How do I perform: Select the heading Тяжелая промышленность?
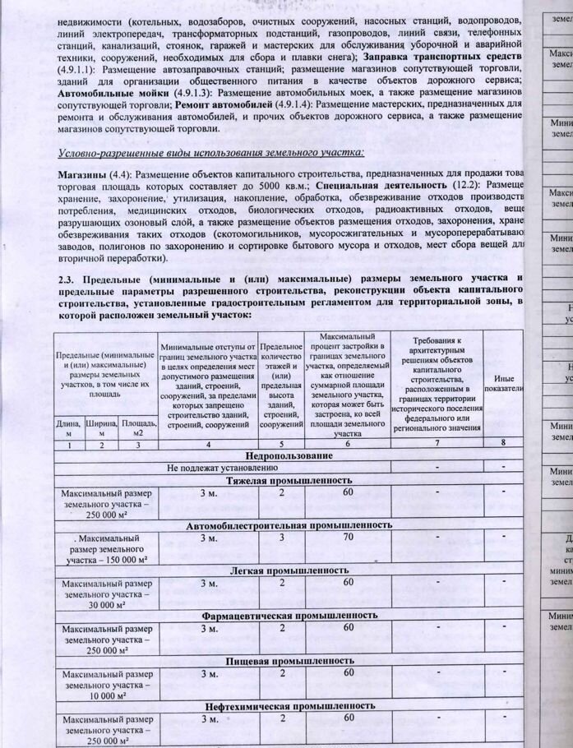[289, 479]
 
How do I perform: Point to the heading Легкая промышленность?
[291, 569]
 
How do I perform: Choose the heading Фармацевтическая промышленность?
[290, 614]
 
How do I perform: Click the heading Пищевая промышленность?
[290, 659]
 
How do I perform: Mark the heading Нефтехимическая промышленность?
[290, 704]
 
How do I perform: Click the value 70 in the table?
[349, 537]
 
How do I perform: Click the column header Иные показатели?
[505, 381]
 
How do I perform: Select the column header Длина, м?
[67, 427]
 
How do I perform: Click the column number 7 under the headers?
[437, 443]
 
